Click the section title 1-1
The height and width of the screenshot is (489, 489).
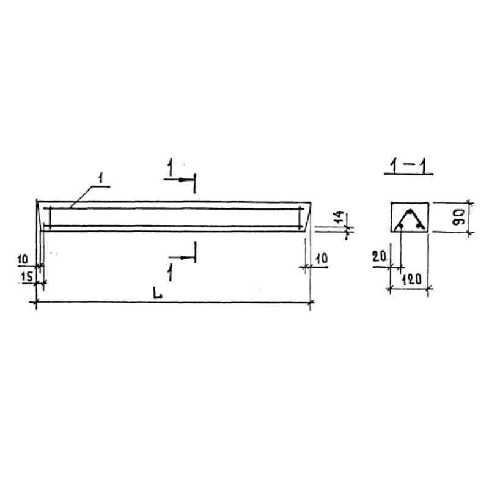[x=408, y=167]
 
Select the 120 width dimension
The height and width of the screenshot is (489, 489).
[x=411, y=279]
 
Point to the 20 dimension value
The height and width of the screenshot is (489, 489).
[x=379, y=257]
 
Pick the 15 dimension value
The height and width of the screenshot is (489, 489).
[x=27, y=276]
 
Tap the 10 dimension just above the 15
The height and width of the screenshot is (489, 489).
[x=23, y=259]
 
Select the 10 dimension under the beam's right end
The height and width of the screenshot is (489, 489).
[x=322, y=259]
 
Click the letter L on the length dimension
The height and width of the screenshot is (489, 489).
[x=158, y=294]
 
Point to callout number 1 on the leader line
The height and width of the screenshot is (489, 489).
[x=100, y=178]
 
